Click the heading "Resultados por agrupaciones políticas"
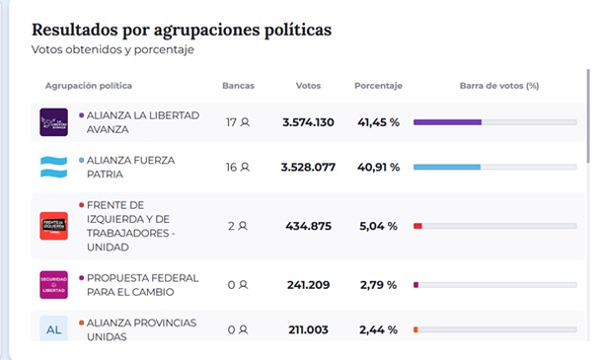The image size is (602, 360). tap(182, 30)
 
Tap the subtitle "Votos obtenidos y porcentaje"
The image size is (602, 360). tap(113, 49)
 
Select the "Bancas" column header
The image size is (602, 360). tap(238, 86)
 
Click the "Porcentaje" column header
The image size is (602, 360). tap(378, 86)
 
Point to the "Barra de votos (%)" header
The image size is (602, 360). tap(499, 86)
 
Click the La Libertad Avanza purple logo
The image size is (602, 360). tap(53, 122)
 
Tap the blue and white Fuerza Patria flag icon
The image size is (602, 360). tap(53, 168)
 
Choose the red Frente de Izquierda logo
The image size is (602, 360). tap(53, 226)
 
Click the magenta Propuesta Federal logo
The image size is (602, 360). tap(53, 285)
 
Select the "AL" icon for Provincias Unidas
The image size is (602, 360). tap(53, 329)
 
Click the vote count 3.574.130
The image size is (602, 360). tap(308, 122)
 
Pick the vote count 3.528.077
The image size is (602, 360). tap(308, 168)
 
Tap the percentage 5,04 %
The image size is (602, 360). tap(378, 226)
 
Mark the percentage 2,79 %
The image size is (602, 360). tap(378, 285)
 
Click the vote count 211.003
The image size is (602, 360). tap(308, 329)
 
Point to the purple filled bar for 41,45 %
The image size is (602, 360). tap(447, 122)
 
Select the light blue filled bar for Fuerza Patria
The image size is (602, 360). tap(447, 167)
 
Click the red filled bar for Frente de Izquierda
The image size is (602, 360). tap(417, 226)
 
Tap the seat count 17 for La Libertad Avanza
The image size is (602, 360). tap(231, 122)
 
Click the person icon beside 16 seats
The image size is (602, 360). tap(245, 167)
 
